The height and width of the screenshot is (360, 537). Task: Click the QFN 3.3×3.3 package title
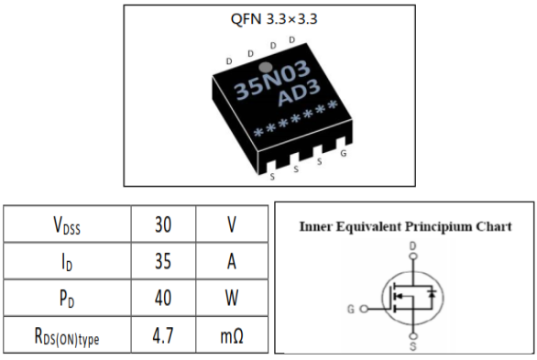coord(268,20)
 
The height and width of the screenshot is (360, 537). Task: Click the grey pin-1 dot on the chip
coord(264,67)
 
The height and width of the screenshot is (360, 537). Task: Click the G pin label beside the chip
coord(343,154)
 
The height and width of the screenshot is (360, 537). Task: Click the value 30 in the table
coord(163,223)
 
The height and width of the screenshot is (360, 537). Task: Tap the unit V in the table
coord(232,223)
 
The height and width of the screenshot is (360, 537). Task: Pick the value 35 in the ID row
coord(163,261)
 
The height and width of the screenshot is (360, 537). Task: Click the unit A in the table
coord(232,261)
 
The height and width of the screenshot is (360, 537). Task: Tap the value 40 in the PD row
coord(163,300)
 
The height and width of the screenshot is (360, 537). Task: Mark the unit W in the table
coord(232,300)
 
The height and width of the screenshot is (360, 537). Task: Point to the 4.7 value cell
coord(163,338)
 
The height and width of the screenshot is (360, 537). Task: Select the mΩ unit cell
coord(232,338)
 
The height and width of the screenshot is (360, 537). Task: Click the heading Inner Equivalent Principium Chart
coord(405,226)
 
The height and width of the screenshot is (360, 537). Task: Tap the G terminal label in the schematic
coord(351,309)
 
